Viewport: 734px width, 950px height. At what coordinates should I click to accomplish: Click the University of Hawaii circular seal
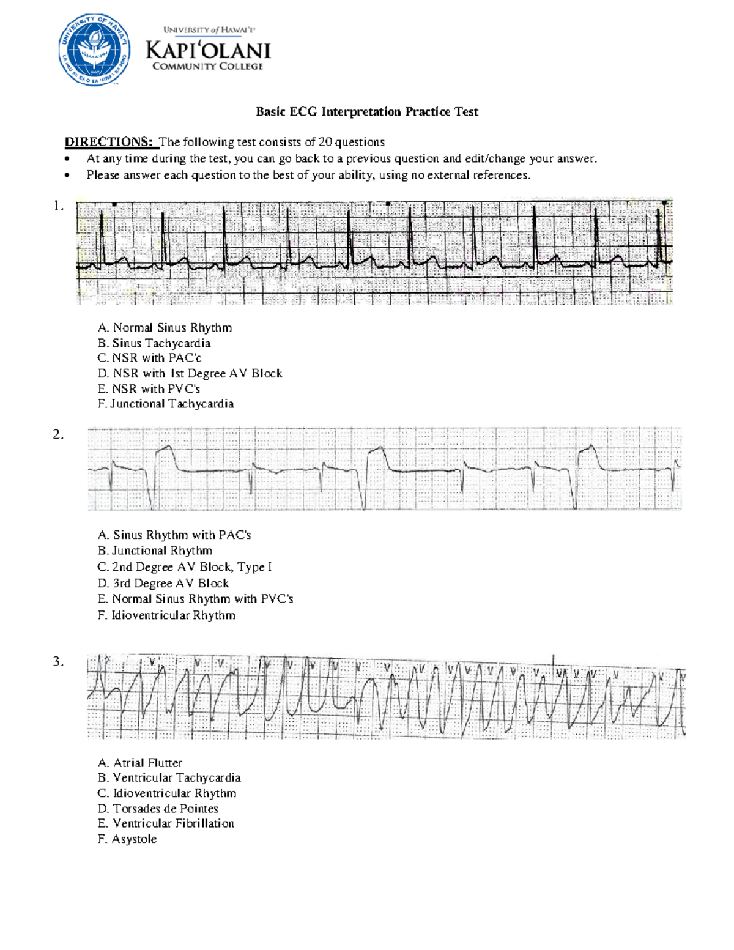94,50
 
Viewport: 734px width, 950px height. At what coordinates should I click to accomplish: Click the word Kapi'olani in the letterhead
208,50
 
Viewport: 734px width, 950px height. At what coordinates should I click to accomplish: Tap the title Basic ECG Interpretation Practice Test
366,111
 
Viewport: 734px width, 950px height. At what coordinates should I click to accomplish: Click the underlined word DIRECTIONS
109,142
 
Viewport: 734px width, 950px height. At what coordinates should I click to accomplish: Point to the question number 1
58,206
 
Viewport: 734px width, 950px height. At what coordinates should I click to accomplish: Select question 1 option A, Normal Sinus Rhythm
165,328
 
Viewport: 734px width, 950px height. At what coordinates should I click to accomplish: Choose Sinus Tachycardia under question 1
154,343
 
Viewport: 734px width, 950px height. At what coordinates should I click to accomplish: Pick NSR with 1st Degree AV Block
190,373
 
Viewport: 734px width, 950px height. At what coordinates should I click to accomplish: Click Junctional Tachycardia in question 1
166,404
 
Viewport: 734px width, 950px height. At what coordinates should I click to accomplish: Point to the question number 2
58,434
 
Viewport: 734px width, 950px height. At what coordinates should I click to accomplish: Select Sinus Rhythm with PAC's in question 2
174,535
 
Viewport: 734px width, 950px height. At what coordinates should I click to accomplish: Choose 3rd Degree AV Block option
163,584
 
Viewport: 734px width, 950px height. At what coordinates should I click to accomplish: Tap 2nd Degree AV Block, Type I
185,567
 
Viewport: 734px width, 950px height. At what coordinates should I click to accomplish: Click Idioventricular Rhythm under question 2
166,615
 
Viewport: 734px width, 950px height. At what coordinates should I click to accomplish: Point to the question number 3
58,661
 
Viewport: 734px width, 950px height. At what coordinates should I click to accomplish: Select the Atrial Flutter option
140,763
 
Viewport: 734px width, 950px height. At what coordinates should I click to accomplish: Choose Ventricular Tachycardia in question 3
169,777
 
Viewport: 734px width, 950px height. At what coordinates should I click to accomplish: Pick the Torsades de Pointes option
158,808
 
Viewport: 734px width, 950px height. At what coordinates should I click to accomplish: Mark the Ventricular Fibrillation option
166,823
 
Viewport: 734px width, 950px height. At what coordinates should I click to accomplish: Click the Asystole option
127,839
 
